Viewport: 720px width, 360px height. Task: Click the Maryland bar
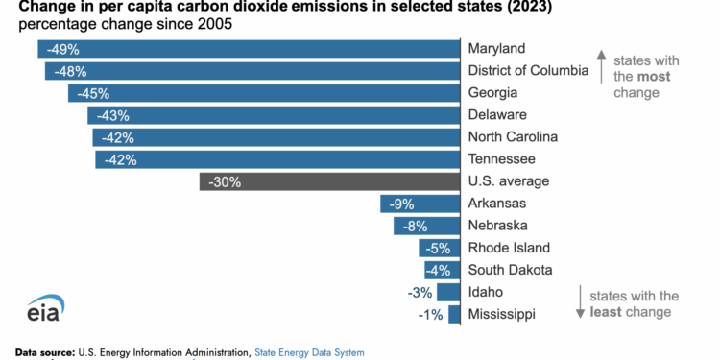pyautogui.click(x=250, y=49)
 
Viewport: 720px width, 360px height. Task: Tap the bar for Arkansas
pyautogui.click(x=420, y=204)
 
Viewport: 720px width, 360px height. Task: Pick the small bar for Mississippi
pyautogui.click(x=454, y=315)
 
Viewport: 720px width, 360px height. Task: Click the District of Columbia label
pyautogui.click(x=528, y=70)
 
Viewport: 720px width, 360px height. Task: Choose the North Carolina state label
pyautogui.click(x=513, y=137)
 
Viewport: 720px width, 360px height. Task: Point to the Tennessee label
pyautogui.click(x=500, y=159)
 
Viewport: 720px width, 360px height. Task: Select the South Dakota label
pyautogui.click(x=509, y=270)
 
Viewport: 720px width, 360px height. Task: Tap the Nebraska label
pyautogui.click(x=497, y=226)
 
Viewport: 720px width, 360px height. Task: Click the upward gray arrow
pyautogui.click(x=600, y=66)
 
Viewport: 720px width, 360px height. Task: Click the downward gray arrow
pyautogui.click(x=580, y=303)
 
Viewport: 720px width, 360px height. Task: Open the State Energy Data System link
pyautogui.click(x=309, y=352)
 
